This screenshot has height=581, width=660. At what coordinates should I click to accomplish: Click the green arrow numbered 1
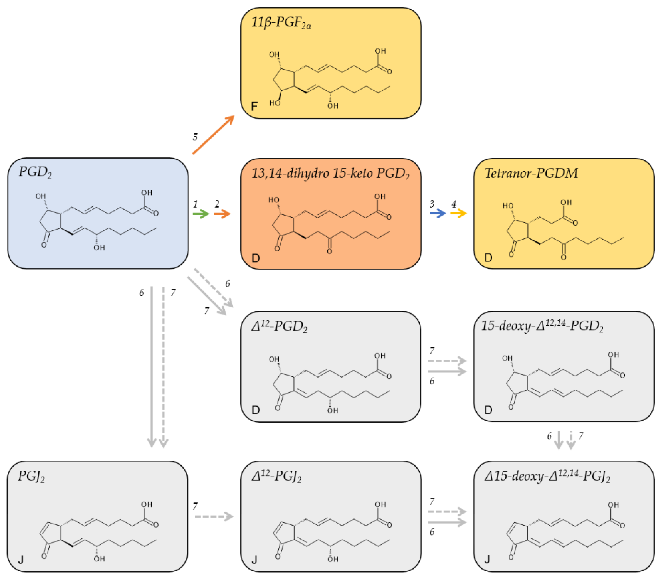click(x=201, y=214)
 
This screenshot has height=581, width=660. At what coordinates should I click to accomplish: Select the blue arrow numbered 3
click(x=438, y=213)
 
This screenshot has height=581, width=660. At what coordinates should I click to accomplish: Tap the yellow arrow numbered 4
click(x=459, y=213)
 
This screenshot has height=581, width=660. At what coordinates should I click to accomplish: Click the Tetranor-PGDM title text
click(x=531, y=173)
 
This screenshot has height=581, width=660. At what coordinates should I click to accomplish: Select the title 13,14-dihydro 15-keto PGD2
click(x=330, y=174)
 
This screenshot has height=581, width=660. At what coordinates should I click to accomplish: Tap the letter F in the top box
click(x=254, y=106)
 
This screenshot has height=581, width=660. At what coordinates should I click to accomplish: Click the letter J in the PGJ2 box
click(x=21, y=560)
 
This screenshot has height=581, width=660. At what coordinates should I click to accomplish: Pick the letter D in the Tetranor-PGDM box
click(x=488, y=258)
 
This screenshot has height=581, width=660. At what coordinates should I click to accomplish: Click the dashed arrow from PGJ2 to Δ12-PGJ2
click(x=214, y=516)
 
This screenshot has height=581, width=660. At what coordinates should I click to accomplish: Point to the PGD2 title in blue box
click(x=35, y=172)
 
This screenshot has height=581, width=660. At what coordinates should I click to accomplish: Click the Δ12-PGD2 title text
click(x=279, y=327)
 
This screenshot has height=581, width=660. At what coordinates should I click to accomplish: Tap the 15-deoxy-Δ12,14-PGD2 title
click(x=542, y=326)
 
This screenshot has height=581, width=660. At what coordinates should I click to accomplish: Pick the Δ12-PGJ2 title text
click(x=276, y=477)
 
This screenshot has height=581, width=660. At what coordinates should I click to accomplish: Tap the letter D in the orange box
click(x=255, y=258)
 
